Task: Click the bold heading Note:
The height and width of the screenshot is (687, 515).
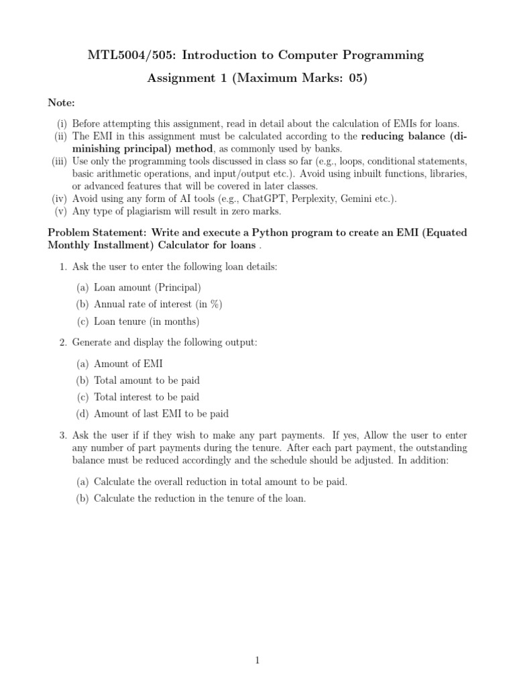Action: [61, 103]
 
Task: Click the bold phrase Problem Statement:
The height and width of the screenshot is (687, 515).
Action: [93, 233]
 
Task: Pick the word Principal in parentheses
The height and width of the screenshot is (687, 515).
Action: [178, 288]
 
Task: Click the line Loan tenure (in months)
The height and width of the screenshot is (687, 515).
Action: [147, 321]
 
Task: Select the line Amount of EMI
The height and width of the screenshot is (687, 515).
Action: [128, 364]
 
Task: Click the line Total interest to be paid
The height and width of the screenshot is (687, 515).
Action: [146, 397]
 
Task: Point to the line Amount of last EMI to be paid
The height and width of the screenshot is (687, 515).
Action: [161, 413]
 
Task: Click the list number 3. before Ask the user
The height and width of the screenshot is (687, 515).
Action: [62, 436]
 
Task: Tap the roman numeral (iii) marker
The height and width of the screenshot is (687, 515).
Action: [59, 162]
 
